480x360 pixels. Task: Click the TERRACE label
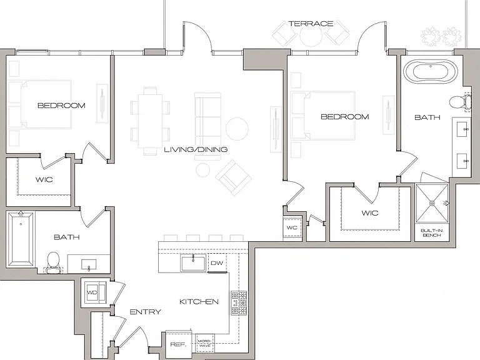[311, 24]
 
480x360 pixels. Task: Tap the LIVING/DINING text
[196, 149]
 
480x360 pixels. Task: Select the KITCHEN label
[199, 301]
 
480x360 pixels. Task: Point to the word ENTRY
[146, 312]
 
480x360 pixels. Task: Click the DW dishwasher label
[217, 263]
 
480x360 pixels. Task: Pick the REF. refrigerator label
[178, 345]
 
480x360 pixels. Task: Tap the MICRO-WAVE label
[205, 343]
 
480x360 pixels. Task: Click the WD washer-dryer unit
[95, 292]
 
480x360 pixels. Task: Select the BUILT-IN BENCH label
[432, 232]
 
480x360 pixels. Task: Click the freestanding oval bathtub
[431, 72]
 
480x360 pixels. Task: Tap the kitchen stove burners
[239, 303]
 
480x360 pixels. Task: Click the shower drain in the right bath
[432, 203]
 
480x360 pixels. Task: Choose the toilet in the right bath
[461, 102]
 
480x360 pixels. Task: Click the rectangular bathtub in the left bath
[21, 239]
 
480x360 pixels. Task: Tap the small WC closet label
[292, 227]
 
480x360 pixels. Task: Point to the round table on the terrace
[311, 36]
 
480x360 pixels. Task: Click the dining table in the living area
[150, 121]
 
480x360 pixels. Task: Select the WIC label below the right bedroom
[370, 212]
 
